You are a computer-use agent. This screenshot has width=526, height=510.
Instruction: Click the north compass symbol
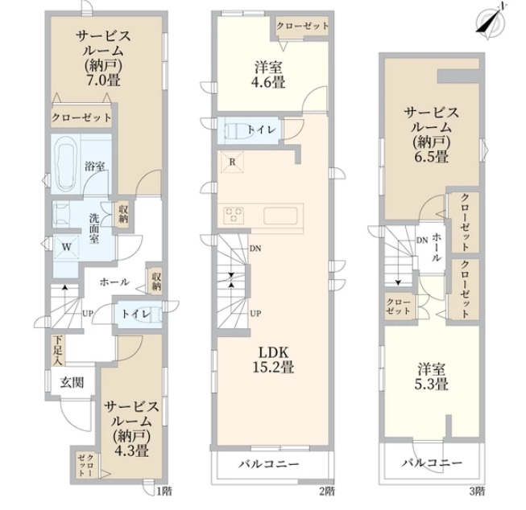(x=491, y=22)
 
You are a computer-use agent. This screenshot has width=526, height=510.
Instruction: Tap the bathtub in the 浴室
(x=66, y=164)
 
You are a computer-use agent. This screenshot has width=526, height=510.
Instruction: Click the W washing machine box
(x=66, y=247)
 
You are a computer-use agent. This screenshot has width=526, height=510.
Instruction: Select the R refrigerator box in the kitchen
(x=232, y=162)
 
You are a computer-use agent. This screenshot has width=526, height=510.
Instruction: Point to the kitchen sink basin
(x=280, y=216)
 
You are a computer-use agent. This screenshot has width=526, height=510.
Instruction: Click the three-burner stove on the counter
(x=234, y=215)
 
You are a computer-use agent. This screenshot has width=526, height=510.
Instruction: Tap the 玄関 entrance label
(x=72, y=382)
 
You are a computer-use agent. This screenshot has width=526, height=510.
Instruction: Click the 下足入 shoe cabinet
(x=58, y=350)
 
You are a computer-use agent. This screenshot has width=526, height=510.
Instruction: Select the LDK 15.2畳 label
(x=273, y=360)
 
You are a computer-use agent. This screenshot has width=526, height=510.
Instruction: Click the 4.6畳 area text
(x=268, y=82)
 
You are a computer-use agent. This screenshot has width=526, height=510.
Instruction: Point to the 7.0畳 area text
(x=104, y=80)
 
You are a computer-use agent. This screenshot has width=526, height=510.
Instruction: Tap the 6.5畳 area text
(x=431, y=157)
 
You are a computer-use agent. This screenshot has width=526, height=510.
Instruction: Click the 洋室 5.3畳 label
(x=432, y=376)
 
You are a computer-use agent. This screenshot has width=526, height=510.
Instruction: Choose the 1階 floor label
(x=164, y=491)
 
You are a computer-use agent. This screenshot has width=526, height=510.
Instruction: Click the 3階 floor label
(x=477, y=491)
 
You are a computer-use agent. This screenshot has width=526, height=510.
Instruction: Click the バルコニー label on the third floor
(x=432, y=463)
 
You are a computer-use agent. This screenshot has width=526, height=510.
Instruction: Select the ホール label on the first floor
(x=114, y=282)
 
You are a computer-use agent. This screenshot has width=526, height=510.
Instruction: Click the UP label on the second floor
(x=255, y=314)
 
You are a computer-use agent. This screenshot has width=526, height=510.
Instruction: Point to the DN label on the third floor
(x=422, y=240)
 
